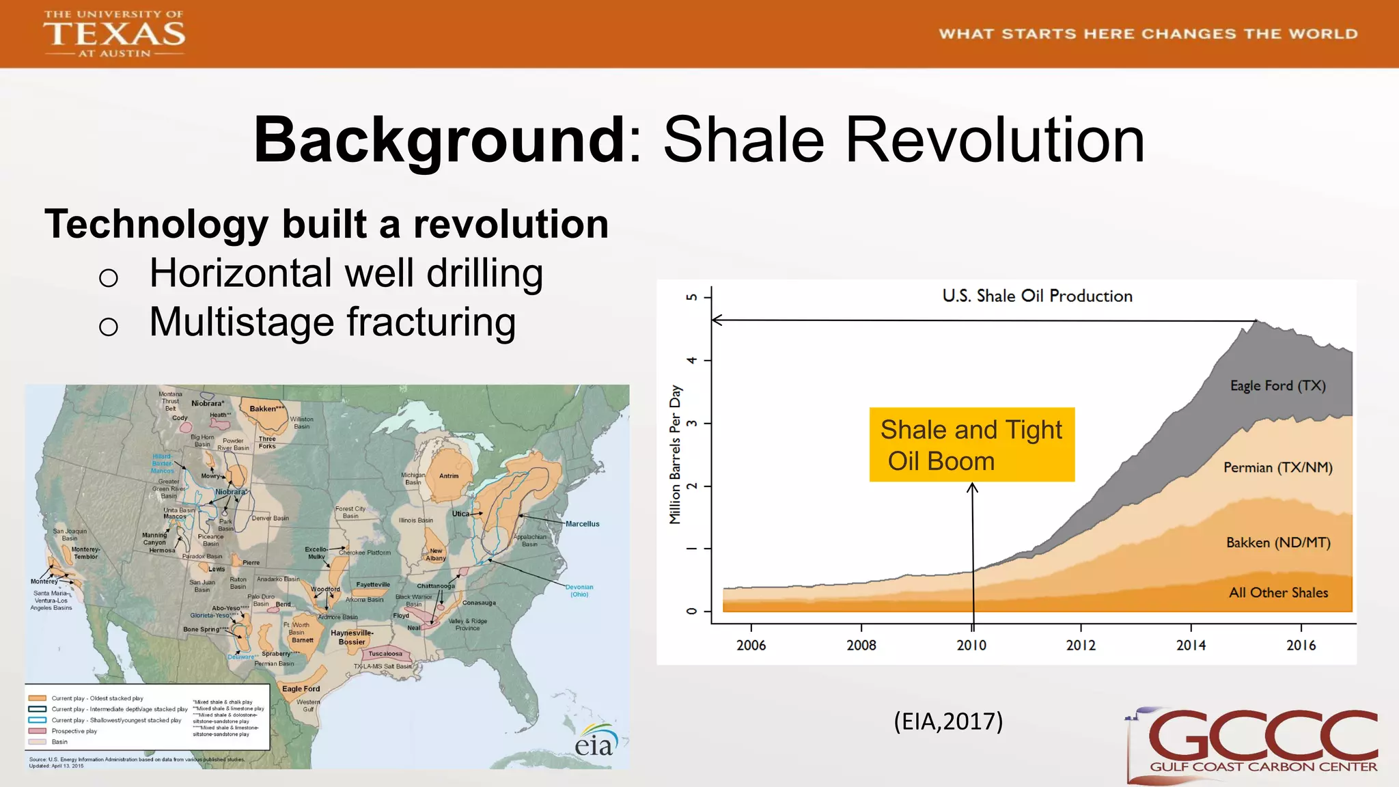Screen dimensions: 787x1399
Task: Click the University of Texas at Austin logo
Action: (114, 33)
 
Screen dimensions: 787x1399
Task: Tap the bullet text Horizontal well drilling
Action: (346, 273)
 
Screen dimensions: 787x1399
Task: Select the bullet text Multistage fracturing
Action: (332, 322)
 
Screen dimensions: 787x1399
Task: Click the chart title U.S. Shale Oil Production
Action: (1037, 296)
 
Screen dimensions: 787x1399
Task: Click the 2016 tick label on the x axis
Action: (1301, 645)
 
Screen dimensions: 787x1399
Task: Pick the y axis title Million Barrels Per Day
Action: (676, 454)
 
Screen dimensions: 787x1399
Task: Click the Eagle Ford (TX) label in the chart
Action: (1277, 385)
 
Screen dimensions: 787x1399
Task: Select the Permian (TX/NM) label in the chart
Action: (1277, 467)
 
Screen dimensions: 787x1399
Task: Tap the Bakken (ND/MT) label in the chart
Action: (1277, 542)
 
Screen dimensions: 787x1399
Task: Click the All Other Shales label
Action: (1278, 592)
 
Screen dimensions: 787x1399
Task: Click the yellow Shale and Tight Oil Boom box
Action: (971, 445)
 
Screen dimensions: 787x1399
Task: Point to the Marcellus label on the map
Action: (582, 524)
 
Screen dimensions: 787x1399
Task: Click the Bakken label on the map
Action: (266, 409)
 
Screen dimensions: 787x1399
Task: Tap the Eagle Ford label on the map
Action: (301, 689)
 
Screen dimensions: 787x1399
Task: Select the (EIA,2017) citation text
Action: (948, 721)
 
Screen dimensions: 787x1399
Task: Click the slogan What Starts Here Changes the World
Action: (1148, 34)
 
